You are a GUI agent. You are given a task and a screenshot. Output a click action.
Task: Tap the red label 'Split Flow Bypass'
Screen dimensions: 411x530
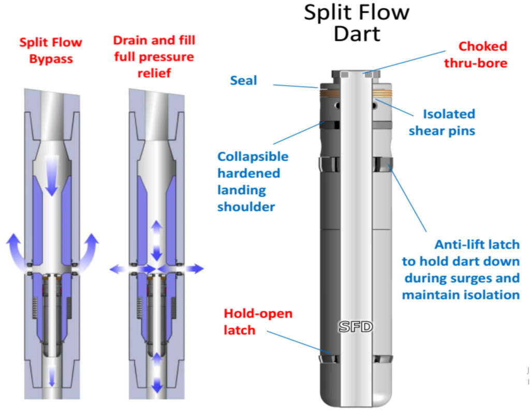[51, 50]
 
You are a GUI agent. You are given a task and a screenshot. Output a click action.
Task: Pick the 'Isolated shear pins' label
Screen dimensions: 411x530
[441, 122]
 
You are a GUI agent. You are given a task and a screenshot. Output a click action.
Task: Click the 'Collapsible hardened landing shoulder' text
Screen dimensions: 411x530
[253, 181]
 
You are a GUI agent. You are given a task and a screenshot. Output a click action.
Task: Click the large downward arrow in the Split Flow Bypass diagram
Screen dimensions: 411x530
[51, 175]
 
